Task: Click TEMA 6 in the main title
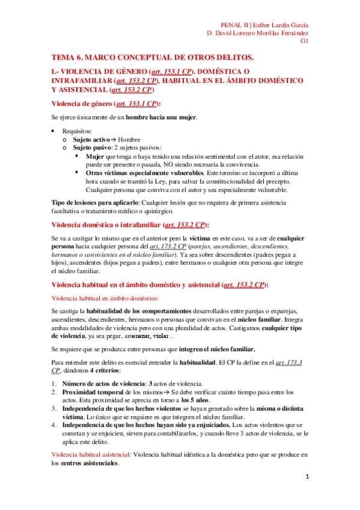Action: tap(68, 57)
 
